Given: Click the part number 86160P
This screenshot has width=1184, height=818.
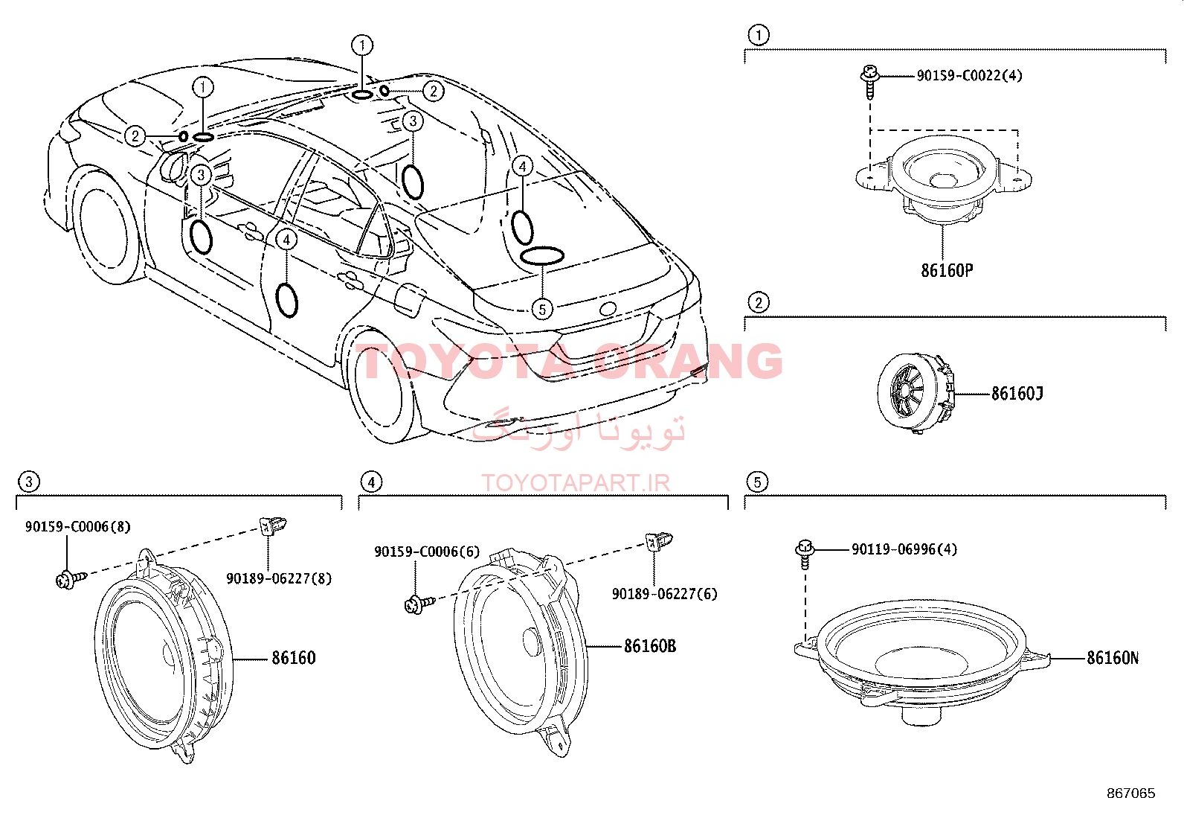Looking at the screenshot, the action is pos(947,270).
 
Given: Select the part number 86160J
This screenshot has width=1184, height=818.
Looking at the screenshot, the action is pos(1017,394).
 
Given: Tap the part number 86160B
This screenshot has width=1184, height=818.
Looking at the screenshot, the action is pos(649,646).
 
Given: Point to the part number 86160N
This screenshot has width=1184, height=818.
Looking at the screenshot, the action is pos(1113,658).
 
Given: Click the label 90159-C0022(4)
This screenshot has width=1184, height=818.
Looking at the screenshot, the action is pos(969,76).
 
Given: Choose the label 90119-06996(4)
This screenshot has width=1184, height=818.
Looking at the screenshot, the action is pos(904,549).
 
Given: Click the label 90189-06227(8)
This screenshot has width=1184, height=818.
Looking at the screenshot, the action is pos(279,578).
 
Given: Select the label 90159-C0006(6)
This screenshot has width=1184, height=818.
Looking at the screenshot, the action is pos(427,552).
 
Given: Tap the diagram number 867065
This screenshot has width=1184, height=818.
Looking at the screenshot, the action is pos(1131,793).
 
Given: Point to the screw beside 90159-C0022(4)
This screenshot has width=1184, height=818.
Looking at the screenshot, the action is pos(869,81).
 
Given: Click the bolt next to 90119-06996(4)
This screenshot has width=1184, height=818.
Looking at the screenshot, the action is pos(804,554).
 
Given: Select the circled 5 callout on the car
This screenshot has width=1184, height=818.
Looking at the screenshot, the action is pos(542,309).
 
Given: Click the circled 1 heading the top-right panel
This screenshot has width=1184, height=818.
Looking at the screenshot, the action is pos(759,35).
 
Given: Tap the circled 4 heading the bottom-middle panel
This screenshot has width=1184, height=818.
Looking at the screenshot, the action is pos(371,482).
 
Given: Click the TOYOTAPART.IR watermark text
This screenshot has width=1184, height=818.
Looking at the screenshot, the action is pos(576,483).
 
